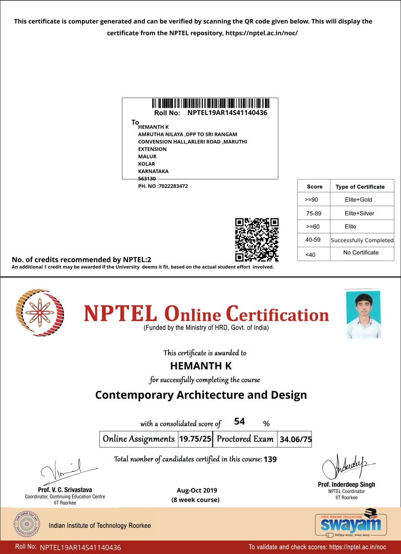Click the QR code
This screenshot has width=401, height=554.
click(x=257, y=240)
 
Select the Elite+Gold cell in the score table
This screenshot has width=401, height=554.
click(x=358, y=200)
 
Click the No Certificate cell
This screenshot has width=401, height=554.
click(x=361, y=252)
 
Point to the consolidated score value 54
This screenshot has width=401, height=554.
click(x=239, y=422)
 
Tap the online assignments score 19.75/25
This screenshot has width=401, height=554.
click(x=195, y=439)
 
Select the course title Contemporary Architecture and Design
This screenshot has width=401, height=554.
click(x=201, y=395)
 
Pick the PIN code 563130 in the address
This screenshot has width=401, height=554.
click(x=147, y=179)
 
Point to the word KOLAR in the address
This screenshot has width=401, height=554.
click(x=146, y=164)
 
